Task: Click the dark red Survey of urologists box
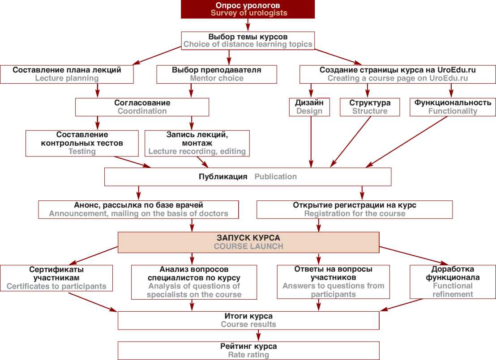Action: tap(248, 9)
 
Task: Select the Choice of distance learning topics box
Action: tap(248, 40)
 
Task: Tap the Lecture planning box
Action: tap(67, 74)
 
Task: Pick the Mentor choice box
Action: tap(217, 74)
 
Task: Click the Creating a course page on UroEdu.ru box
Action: tap(398, 74)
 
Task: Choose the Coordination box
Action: tap(142, 107)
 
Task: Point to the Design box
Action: tap(309, 107)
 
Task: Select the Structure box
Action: tap(370, 107)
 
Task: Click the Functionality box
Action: tap(453, 107)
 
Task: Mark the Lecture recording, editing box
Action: tap(197, 143)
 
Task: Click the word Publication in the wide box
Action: tap(275, 177)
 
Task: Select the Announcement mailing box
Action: tap(138, 209)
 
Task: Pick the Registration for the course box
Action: tap(355, 209)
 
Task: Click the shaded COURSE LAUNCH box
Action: tap(248, 242)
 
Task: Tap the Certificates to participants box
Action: tap(56, 278)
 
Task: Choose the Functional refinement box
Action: tap(453, 282)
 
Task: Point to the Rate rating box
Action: tap(248, 351)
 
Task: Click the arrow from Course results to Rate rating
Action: tap(248, 336)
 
